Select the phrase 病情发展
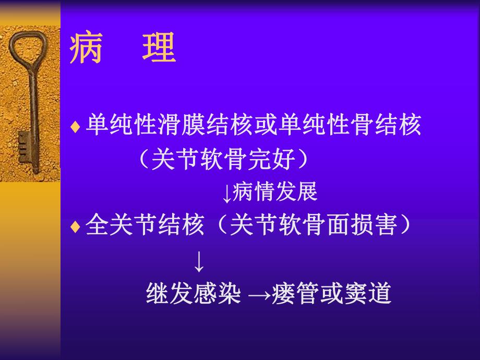(x=275, y=193)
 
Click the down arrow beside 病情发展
(x=226, y=194)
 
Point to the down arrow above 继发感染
(x=199, y=262)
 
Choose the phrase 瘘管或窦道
(x=331, y=294)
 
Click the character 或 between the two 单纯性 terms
(x=267, y=126)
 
